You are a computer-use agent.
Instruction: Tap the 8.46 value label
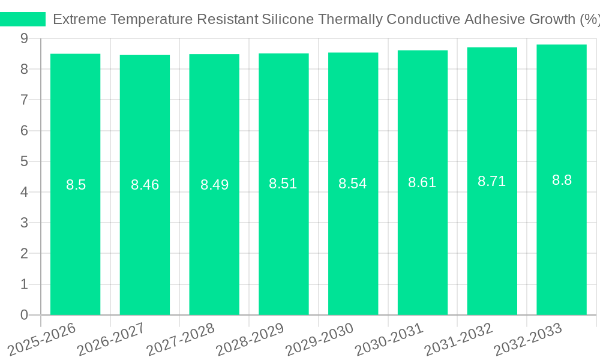[145, 185]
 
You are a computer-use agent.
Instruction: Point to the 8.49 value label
[214, 185]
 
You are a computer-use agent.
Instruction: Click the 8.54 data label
[353, 184]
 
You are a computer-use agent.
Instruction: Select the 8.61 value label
[422, 182]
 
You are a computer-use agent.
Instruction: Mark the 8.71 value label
[491, 181]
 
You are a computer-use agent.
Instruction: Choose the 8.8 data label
[562, 180]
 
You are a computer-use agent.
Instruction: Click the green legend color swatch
[23, 19]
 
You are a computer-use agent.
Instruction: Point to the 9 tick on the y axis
[24, 38]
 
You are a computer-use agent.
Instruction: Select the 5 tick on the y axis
[24, 161]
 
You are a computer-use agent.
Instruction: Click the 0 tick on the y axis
[24, 315]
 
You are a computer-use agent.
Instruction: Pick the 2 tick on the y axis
[24, 254]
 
